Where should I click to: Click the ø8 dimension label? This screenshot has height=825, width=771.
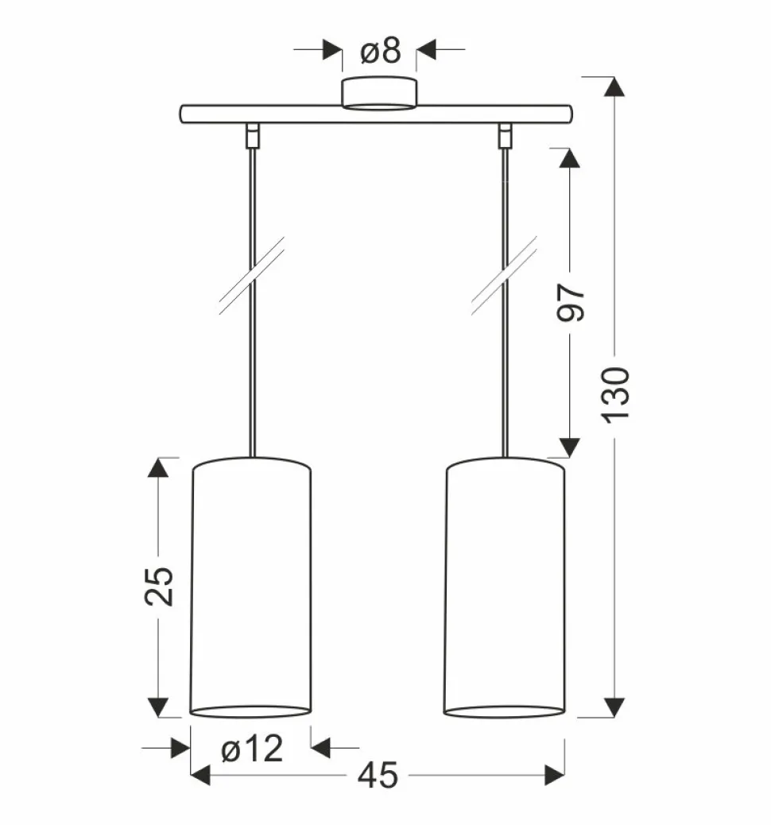tap(381, 51)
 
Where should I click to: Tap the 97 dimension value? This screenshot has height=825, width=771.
tap(571, 302)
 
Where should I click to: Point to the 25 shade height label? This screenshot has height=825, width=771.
tap(158, 586)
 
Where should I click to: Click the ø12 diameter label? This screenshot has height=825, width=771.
tap(252, 748)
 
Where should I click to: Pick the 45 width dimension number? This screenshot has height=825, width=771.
tap(378, 776)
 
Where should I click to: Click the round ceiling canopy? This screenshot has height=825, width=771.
tap(379, 93)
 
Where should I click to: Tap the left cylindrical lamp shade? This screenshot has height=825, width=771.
tap(250, 587)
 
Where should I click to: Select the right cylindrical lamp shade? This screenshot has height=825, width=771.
tap(505, 587)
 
